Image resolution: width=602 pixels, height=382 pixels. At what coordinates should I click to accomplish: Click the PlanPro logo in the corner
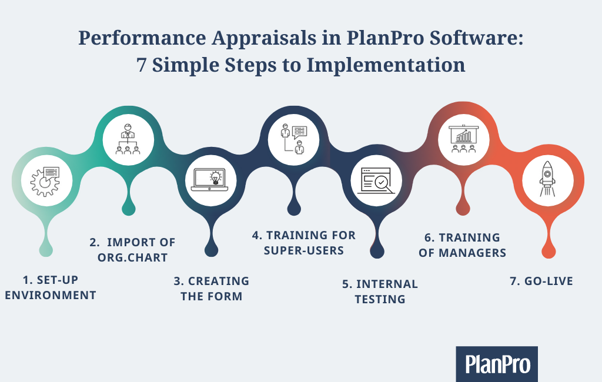tap(497, 364)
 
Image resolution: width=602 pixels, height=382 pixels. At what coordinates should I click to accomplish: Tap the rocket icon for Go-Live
tap(547, 179)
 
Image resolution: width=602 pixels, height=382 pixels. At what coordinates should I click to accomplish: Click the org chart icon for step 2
tap(128, 139)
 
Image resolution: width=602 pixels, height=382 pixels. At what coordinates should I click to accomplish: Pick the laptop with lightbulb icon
tap(210, 180)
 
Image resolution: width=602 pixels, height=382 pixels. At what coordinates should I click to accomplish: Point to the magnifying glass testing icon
tap(377, 180)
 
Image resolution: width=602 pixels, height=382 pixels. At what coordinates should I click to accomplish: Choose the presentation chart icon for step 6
tap(464, 139)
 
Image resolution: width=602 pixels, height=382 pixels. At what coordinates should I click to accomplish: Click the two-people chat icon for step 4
tap(294, 139)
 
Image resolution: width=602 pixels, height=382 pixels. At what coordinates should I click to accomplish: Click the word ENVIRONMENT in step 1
tap(51, 295)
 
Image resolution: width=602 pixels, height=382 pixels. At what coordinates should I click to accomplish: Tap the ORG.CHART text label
tap(132, 257)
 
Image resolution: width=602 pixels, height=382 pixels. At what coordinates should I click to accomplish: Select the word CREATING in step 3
tap(219, 281)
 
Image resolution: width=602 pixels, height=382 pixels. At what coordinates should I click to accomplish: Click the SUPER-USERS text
tap(304, 251)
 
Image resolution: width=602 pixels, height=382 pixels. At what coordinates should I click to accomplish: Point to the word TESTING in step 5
tap(380, 299)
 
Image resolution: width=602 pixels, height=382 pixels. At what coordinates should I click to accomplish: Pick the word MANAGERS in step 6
tap(472, 253)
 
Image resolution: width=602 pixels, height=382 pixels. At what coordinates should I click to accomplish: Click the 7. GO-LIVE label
tap(541, 281)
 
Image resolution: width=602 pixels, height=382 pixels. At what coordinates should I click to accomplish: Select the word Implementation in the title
tap(386, 65)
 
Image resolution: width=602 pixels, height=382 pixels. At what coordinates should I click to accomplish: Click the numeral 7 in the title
tap(141, 65)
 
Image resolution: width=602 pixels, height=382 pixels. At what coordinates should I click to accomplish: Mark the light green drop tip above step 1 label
tap(46, 250)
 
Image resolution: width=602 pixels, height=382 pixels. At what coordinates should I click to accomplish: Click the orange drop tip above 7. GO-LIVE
tap(549, 252)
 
